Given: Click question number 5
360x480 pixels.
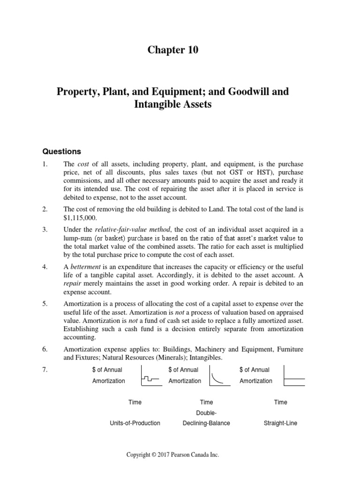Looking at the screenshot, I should pyautogui.click(x=45, y=303).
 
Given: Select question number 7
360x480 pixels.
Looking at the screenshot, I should pyautogui.click(x=45, y=369).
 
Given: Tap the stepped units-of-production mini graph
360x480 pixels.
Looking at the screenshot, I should pyautogui.click(x=150, y=376).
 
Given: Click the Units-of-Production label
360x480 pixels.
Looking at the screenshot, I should pyautogui.click(x=135, y=423).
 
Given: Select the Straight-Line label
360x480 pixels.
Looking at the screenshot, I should pyautogui.click(x=280, y=423).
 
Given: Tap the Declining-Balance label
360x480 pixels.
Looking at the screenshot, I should pyautogui.click(x=206, y=423).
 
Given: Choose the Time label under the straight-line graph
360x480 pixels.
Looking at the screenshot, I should pyautogui.click(x=280, y=402).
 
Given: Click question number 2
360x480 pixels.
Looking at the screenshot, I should pyautogui.click(x=45, y=209).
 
